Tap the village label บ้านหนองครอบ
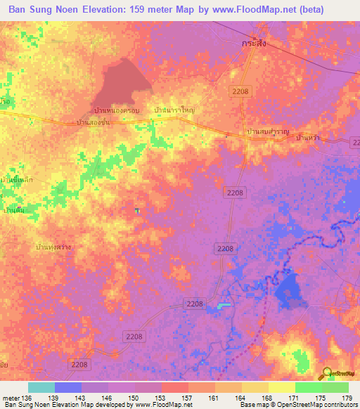coord(117,111)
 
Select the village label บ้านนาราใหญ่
coord(174,111)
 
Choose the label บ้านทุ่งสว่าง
coord(53,247)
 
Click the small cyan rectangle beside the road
coord(223,305)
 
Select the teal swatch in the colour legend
coord(41,387)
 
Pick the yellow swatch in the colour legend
coord(281,387)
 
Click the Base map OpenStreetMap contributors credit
coord(297,405)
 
